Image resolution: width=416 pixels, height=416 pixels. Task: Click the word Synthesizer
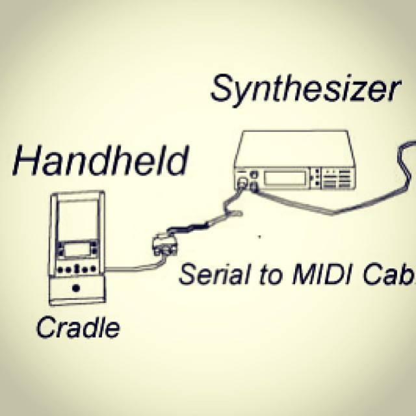click(x=304, y=90)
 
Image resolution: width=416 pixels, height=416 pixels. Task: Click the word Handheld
click(x=101, y=161)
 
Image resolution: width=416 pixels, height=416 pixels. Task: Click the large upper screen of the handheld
click(x=77, y=222)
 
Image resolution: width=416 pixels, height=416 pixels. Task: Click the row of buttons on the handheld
click(x=77, y=268)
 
